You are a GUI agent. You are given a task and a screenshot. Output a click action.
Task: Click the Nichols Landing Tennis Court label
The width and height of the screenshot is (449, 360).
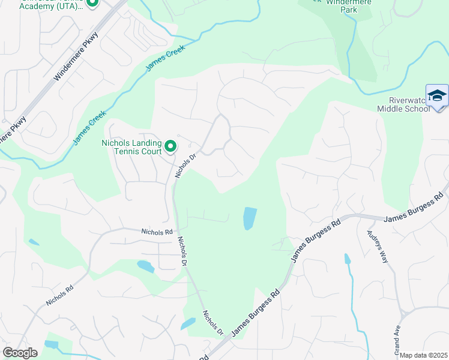(x=130, y=147)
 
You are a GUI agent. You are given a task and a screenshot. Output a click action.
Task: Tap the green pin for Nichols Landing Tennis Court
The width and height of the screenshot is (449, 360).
(x=170, y=146)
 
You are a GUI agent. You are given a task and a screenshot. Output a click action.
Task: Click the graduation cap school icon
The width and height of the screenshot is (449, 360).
(x=437, y=96)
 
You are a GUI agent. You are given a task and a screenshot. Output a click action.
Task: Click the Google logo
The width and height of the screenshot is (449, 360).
(x=20, y=353)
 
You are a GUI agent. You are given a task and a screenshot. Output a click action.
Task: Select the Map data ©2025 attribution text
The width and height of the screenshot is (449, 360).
(x=424, y=355)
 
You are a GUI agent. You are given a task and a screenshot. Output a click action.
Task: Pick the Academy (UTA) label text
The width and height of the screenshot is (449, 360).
(x=46, y=5)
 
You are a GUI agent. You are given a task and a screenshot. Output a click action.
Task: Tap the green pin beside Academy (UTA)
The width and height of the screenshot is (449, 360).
(x=92, y=3)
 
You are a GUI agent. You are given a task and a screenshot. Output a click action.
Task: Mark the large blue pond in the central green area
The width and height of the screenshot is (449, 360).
(x=250, y=218)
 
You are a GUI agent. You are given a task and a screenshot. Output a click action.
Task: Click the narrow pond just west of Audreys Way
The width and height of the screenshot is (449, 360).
(x=347, y=259)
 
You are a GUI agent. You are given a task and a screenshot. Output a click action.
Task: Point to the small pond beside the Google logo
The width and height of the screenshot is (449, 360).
(x=51, y=344)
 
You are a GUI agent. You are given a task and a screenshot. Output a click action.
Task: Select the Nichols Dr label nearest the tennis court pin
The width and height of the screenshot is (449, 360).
(x=185, y=166)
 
